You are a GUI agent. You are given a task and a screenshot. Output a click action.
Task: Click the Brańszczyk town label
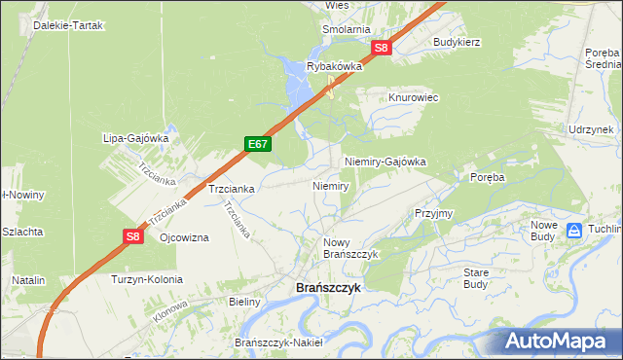coord(328,288)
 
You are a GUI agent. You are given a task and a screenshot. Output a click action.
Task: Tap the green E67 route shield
coord(258,144)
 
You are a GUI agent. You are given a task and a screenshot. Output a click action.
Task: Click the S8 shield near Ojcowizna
coord(133,235)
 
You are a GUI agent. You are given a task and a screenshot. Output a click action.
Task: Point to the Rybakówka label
coord(335,66)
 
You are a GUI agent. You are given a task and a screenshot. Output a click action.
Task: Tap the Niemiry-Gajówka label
coord(385,162)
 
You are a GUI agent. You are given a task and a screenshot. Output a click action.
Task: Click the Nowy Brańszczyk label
coord(349,247)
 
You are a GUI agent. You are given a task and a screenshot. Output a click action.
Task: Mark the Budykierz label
coord(458,43)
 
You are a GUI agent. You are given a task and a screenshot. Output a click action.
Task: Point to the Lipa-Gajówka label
coord(136,138)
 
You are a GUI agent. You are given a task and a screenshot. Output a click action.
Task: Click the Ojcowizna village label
coord(184,238)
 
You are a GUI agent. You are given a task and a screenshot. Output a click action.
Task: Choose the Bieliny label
coord(244,302)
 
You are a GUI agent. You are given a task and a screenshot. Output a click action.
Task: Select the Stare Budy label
coord(476,278)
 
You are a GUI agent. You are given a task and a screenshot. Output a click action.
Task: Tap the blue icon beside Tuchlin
coord(575,231)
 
